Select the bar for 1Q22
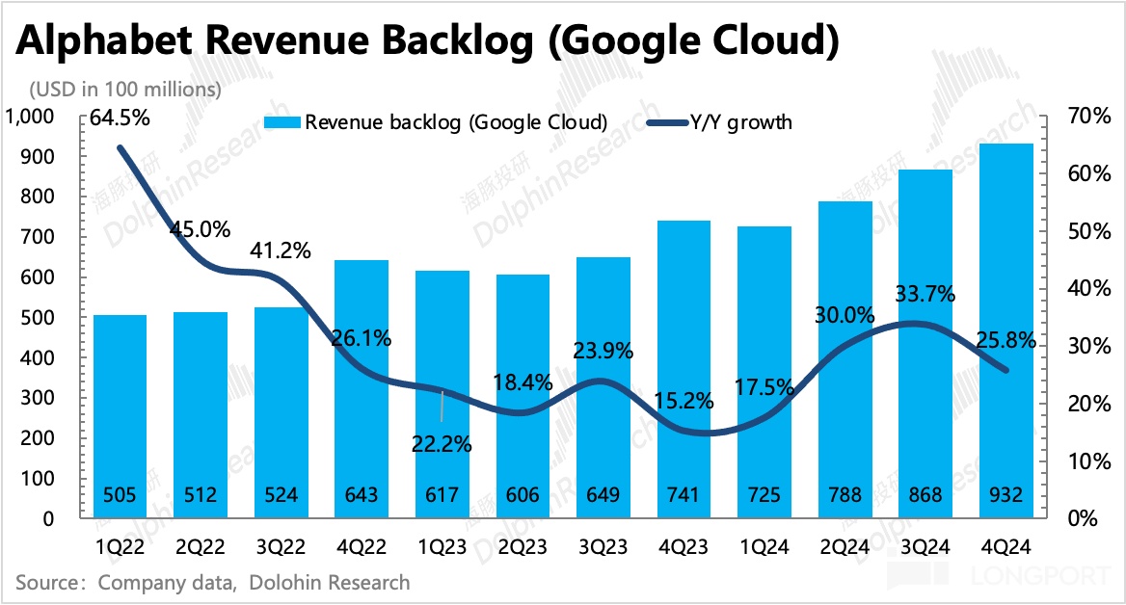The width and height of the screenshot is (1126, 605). coord(121,414)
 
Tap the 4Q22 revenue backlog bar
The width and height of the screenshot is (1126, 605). coord(363,385)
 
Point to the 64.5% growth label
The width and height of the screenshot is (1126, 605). coord(121,119)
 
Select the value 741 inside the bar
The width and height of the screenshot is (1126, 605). coord(686,496)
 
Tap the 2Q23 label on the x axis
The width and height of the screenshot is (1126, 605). coord(525,546)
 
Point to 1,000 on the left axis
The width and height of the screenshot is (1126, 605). coord(32,117)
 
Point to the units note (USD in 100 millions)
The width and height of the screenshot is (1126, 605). coord(125,90)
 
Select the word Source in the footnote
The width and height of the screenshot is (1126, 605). coord(48,583)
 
